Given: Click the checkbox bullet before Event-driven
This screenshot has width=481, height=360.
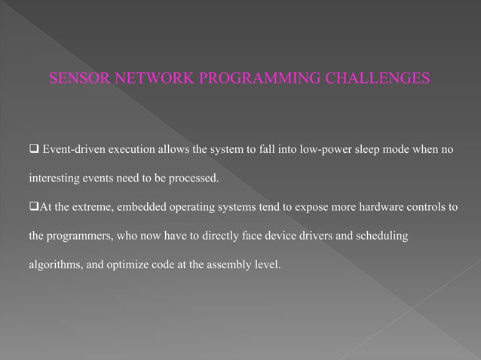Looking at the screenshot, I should [33, 149].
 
